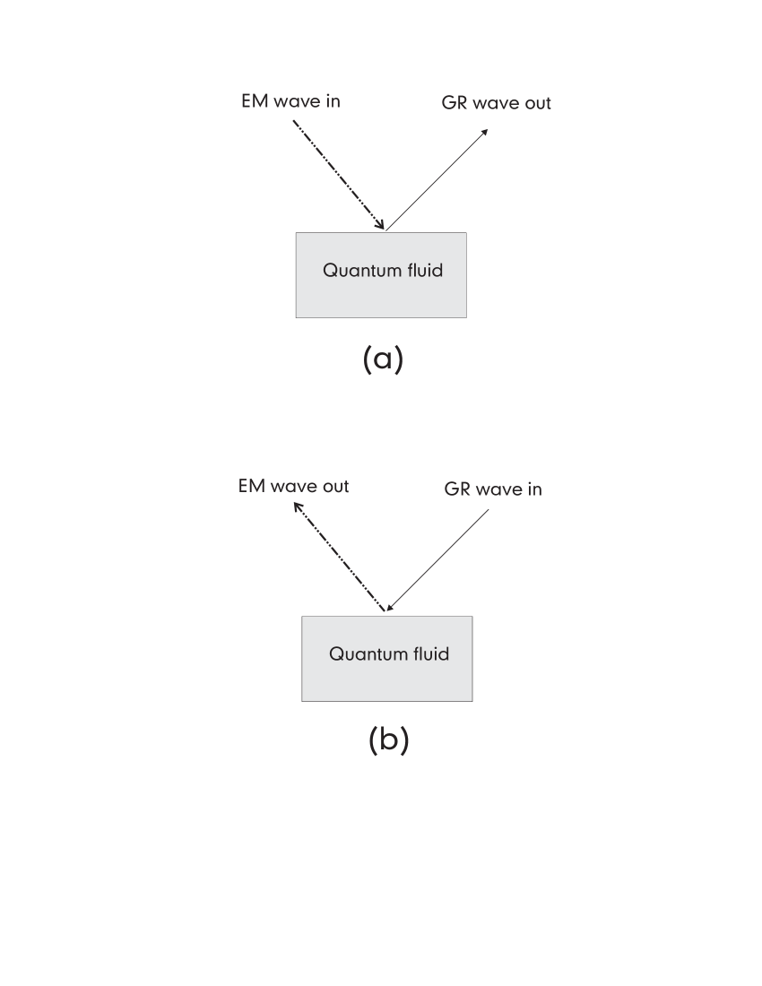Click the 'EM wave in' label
tap(290, 101)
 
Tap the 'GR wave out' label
tap(497, 103)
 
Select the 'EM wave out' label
tap(294, 486)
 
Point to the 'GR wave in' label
tap(493, 489)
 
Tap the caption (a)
tap(383, 359)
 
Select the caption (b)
tap(388, 741)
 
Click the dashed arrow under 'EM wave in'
tap(339, 175)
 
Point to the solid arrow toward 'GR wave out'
tap(437, 178)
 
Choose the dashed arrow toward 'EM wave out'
tap(341, 558)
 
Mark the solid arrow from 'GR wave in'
tap(438, 561)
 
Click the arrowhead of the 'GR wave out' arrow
tap(485, 132)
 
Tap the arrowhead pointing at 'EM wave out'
tap(298, 506)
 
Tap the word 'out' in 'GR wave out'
tap(536, 103)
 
